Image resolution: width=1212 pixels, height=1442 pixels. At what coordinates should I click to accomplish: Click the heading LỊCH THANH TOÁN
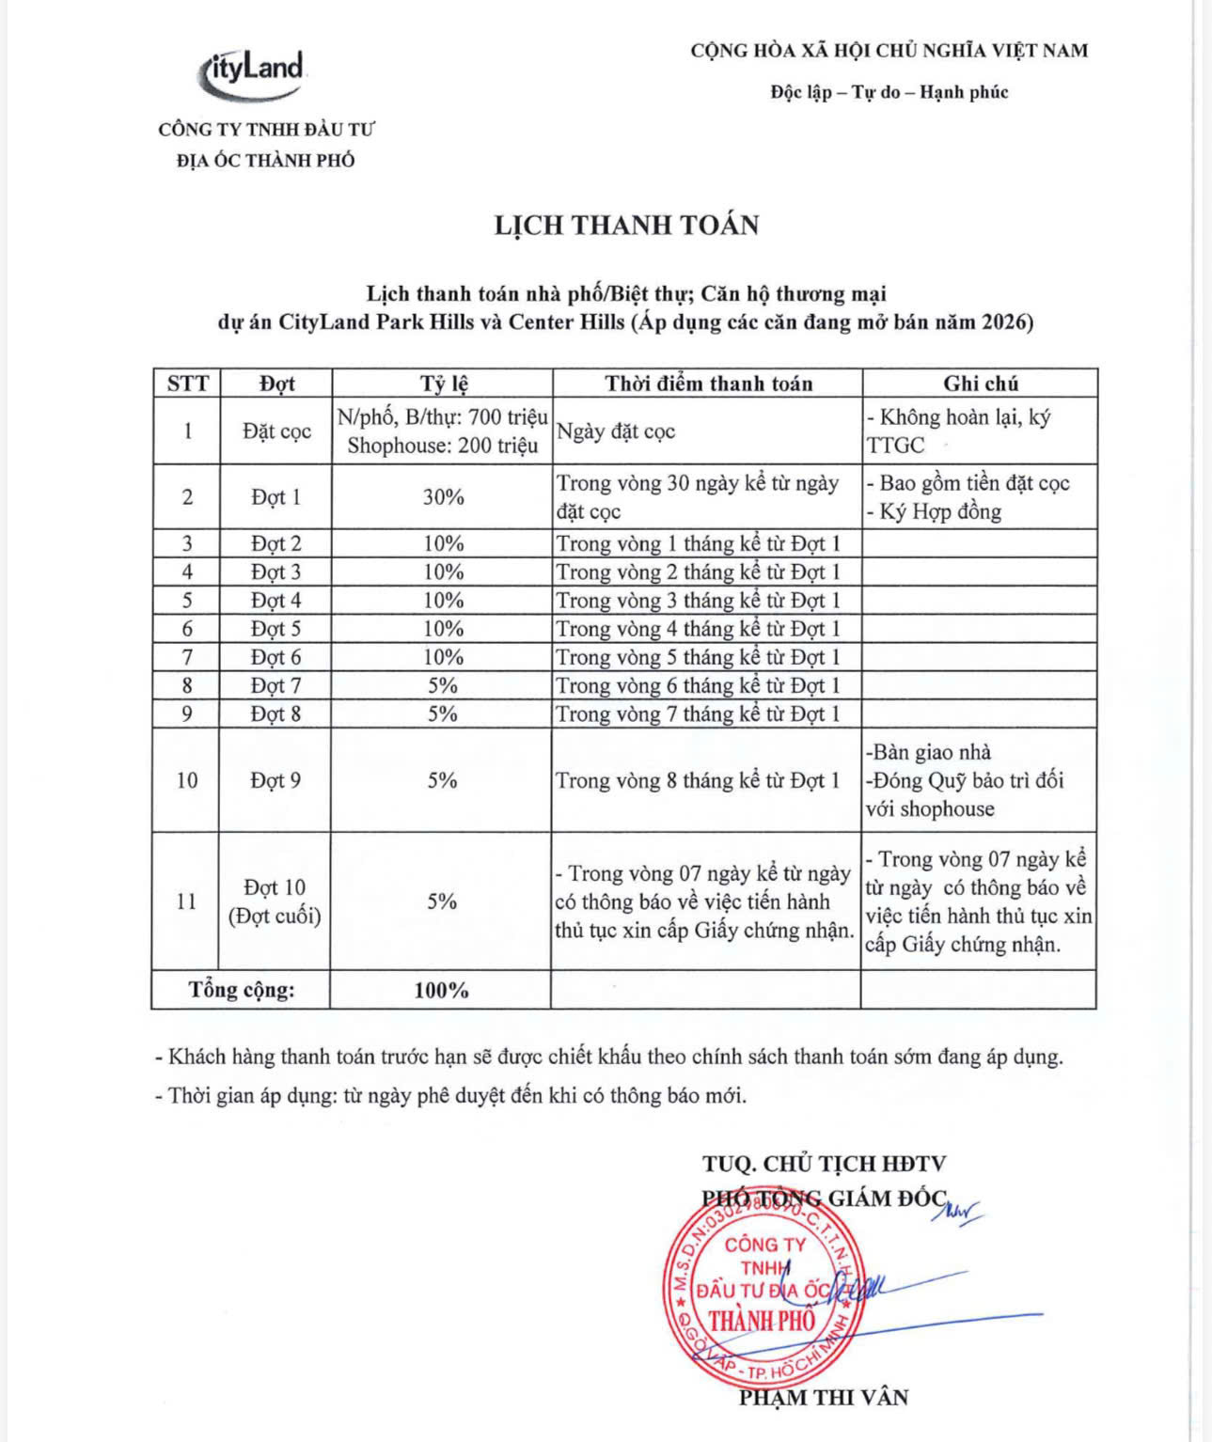tap(626, 226)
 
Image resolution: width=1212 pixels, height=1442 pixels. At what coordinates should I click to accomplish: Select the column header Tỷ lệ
tap(443, 384)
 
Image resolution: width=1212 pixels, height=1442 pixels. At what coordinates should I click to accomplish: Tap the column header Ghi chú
tap(980, 384)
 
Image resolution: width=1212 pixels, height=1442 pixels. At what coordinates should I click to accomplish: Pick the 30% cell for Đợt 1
tap(443, 497)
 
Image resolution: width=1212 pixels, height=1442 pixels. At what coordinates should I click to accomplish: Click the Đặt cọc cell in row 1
tap(276, 431)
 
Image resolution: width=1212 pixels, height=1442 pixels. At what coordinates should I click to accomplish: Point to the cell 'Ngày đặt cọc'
tap(616, 431)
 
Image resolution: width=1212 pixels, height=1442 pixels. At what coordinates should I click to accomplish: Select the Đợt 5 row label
tap(275, 629)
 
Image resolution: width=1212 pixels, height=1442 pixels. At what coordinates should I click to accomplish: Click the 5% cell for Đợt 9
tap(442, 780)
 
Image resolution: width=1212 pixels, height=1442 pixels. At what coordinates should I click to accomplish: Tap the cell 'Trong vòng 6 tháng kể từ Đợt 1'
tap(698, 686)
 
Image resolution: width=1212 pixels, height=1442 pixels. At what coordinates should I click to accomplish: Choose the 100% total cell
tap(441, 990)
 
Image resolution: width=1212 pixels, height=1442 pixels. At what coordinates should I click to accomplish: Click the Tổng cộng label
tap(242, 990)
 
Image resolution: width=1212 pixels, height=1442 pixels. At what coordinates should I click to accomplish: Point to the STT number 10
tap(187, 780)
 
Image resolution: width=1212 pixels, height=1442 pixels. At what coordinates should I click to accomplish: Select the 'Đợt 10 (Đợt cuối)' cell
tap(275, 901)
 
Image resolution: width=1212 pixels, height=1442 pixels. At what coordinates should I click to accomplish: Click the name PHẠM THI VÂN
tap(824, 1398)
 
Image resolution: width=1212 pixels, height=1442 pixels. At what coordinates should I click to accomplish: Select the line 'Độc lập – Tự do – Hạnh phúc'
tap(889, 92)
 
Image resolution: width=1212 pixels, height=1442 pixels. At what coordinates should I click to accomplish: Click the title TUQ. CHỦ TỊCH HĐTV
tap(824, 1164)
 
